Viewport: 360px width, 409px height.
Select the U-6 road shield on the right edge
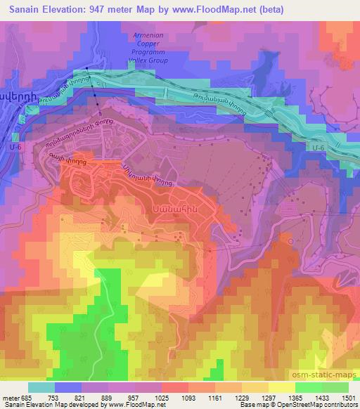318,148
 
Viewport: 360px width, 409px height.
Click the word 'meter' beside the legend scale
10,397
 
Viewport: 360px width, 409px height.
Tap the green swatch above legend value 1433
308,387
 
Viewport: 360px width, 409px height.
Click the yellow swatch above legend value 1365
281,387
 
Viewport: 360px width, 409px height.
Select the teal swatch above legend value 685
41,387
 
